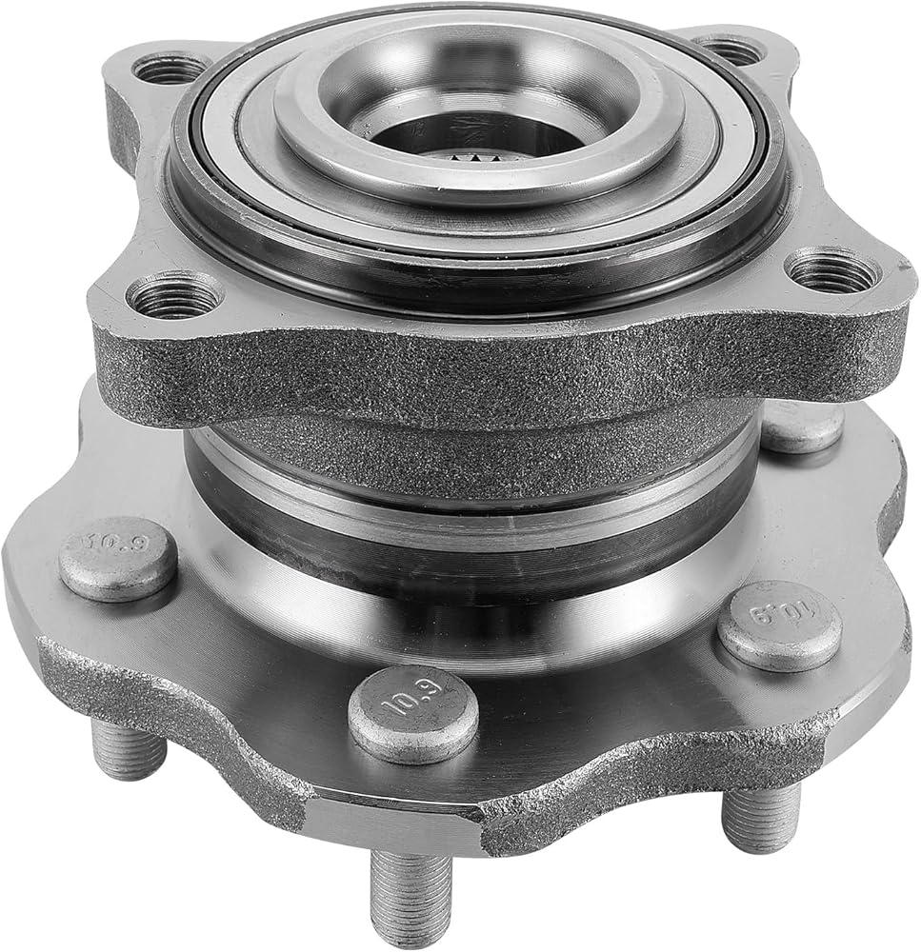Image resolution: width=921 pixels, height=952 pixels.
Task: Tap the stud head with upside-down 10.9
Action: pyautogui.click(x=779, y=625)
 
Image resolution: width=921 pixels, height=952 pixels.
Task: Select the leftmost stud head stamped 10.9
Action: pyautogui.click(x=118, y=557)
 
